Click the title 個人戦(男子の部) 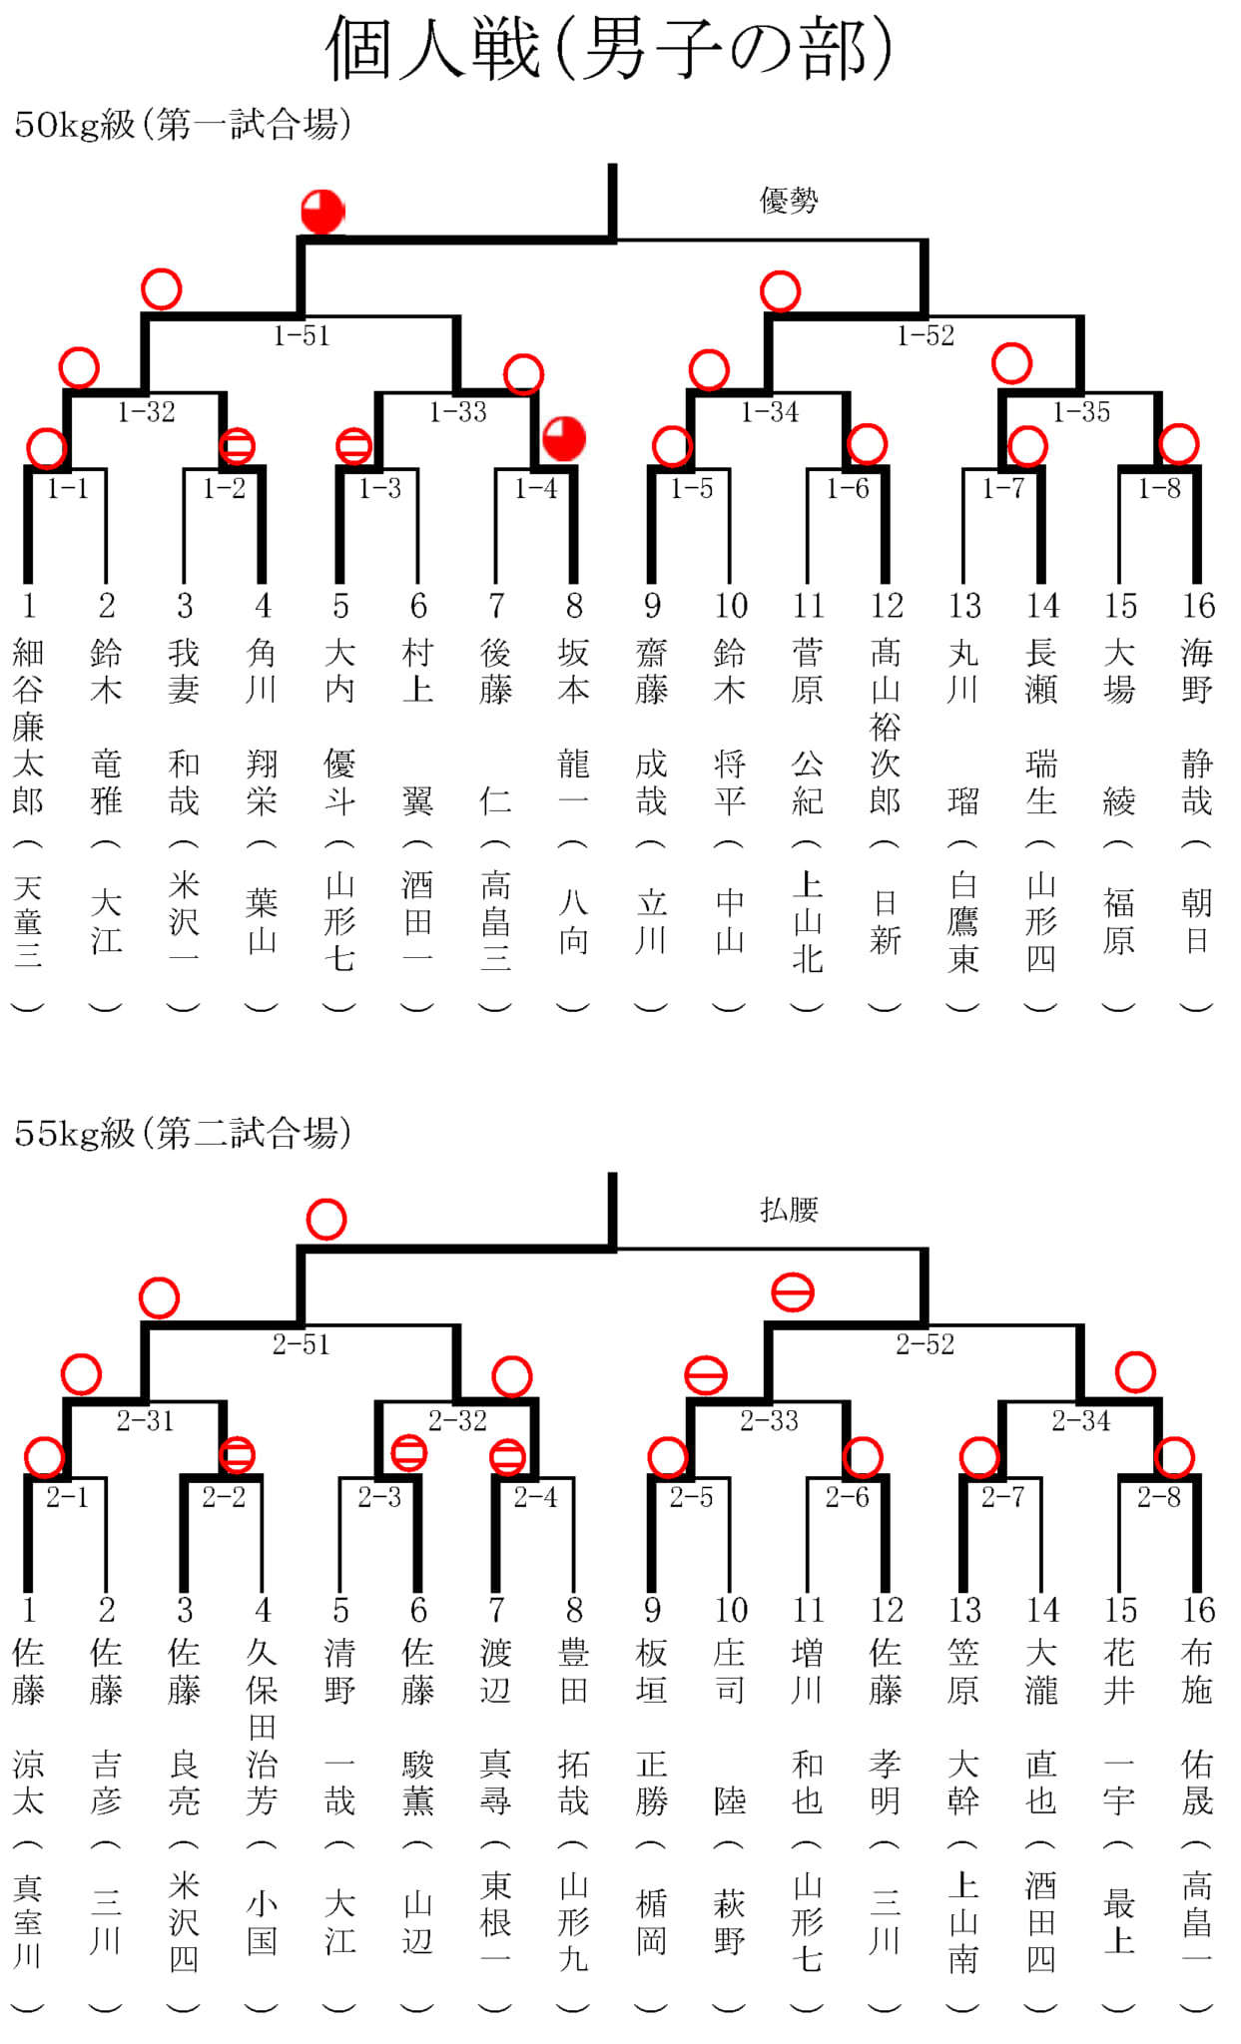click(x=608, y=48)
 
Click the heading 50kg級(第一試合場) click(x=183, y=124)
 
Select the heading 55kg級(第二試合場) click(x=183, y=1133)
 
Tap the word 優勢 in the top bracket click(x=789, y=201)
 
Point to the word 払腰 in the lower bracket click(x=789, y=1210)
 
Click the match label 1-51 click(x=302, y=335)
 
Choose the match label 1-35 click(x=1081, y=411)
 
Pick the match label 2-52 click(x=925, y=1344)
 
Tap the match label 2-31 click(x=146, y=1420)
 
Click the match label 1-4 click(x=536, y=488)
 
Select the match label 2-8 click(x=1159, y=1497)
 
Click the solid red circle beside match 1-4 click(x=564, y=439)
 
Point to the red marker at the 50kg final click(x=322, y=212)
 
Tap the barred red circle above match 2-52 click(x=793, y=1292)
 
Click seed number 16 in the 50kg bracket click(x=1198, y=605)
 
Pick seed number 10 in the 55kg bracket click(x=731, y=1610)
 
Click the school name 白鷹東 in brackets click(x=963, y=921)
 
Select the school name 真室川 click(x=28, y=1921)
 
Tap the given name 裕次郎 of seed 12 click(x=886, y=764)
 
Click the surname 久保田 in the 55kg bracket click(x=262, y=1691)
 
